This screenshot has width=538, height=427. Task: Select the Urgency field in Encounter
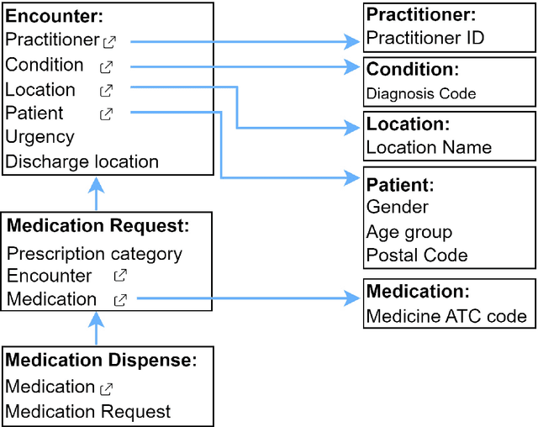click(40, 136)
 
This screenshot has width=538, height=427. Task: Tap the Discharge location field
click(82, 161)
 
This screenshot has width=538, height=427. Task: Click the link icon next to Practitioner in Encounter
click(109, 40)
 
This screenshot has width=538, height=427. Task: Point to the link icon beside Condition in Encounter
click(106, 66)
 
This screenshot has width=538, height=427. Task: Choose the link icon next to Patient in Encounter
click(106, 113)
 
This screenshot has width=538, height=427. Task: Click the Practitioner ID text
click(425, 38)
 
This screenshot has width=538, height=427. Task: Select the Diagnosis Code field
click(421, 93)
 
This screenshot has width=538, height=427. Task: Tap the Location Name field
click(429, 147)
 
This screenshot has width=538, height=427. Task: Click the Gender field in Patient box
click(397, 207)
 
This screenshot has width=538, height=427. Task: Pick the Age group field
click(409, 232)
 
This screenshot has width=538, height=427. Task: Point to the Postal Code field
click(417, 256)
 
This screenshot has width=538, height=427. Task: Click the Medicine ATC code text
click(446, 316)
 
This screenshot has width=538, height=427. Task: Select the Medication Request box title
click(98, 225)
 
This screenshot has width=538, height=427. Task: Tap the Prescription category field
click(94, 253)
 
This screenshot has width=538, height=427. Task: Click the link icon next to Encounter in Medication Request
click(120, 275)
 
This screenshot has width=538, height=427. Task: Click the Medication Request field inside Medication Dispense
click(87, 412)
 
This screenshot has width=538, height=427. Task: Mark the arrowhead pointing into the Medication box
click(352, 298)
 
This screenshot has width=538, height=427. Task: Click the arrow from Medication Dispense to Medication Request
click(97, 329)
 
